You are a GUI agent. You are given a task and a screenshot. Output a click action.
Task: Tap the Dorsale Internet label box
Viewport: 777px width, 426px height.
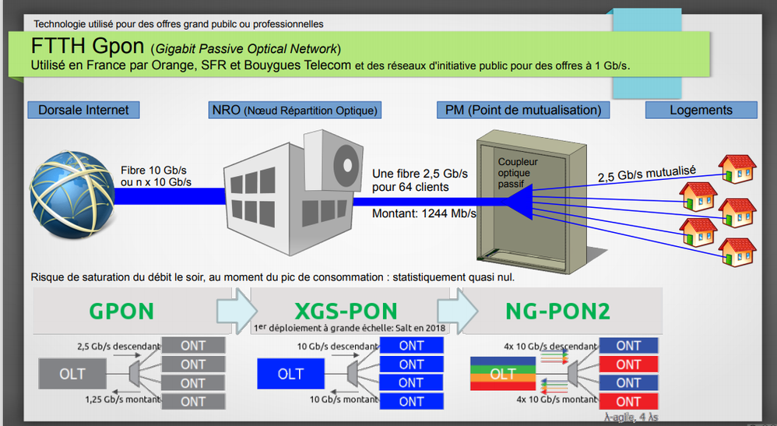point(83,110)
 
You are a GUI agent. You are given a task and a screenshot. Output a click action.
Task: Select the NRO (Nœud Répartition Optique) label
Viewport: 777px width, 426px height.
point(295,110)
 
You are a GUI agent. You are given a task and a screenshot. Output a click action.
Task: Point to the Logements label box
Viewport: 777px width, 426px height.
point(701,110)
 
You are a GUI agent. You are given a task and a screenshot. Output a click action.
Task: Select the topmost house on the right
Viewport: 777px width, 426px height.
point(737,166)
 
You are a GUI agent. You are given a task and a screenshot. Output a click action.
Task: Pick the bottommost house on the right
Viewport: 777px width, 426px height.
point(737,252)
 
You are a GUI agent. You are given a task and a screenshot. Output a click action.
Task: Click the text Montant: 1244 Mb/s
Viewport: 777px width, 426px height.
point(424,213)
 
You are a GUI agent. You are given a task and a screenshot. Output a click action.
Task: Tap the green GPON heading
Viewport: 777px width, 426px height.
point(121,311)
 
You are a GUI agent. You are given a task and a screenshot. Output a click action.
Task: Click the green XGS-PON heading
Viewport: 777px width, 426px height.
point(346,311)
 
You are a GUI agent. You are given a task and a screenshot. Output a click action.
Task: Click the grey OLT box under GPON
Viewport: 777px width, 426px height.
point(72,374)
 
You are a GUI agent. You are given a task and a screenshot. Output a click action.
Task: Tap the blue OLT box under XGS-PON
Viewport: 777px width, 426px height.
point(290,374)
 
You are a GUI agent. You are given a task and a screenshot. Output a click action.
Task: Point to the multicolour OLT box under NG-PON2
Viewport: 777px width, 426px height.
point(503,374)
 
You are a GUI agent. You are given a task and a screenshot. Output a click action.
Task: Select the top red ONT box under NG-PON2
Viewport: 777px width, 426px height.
point(628,364)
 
